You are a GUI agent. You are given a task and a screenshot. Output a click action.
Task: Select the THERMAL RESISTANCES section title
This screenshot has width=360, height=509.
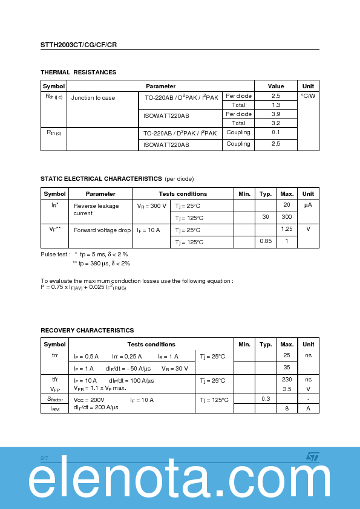click(x=78, y=73)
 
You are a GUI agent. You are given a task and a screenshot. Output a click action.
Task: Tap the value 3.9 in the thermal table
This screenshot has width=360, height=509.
click(x=276, y=114)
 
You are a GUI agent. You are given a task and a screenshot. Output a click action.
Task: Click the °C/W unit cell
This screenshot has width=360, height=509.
click(x=308, y=96)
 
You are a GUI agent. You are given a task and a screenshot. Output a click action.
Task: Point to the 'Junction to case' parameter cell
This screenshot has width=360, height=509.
click(x=93, y=98)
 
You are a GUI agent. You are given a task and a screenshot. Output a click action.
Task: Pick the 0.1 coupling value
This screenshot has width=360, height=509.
click(x=276, y=132)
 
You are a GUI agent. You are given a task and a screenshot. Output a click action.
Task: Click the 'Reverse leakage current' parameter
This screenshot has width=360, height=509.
click(x=96, y=210)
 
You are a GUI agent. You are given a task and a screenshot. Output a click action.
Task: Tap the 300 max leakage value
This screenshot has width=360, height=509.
click(x=287, y=217)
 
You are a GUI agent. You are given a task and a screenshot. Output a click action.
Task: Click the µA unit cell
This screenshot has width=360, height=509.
click(x=308, y=206)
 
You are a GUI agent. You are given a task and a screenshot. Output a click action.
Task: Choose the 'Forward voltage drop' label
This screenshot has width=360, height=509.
click(x=102, y=230)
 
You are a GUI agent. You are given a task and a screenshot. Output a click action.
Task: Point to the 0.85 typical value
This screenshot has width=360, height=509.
click(x=266, y=242)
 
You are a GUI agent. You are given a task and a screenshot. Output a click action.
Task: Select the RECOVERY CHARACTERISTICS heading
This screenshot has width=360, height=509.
click(x=87, y=331)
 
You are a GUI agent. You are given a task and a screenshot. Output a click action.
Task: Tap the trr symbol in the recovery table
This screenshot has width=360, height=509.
click(x=54, y=355)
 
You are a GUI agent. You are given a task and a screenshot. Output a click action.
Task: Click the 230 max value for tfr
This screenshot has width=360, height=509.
click(x=287, y=380)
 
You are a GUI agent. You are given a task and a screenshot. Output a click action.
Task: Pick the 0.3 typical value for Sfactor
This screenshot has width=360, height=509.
click(x=266, y=400)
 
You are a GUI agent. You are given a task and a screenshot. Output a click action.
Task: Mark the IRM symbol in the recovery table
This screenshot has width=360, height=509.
click(x=54, y=409)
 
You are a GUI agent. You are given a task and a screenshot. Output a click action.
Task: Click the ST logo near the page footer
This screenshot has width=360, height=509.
click(x=312, y=456)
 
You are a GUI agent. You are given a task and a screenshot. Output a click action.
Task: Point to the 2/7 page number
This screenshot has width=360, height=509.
click(x=44, y=459)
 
